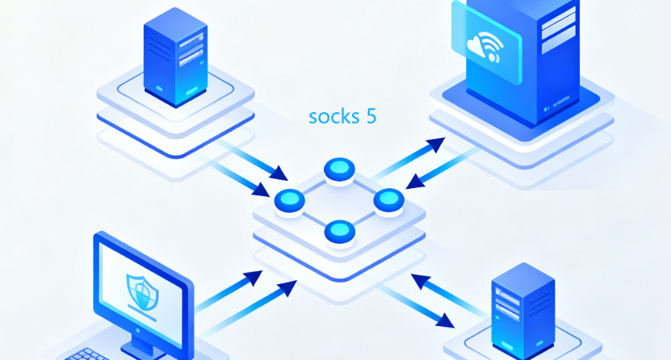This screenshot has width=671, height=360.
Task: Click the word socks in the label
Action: tap(333, 116)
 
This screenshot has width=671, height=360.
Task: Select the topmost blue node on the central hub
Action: tap(339, 170)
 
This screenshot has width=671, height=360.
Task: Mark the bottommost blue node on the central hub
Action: tap(339, 232)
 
